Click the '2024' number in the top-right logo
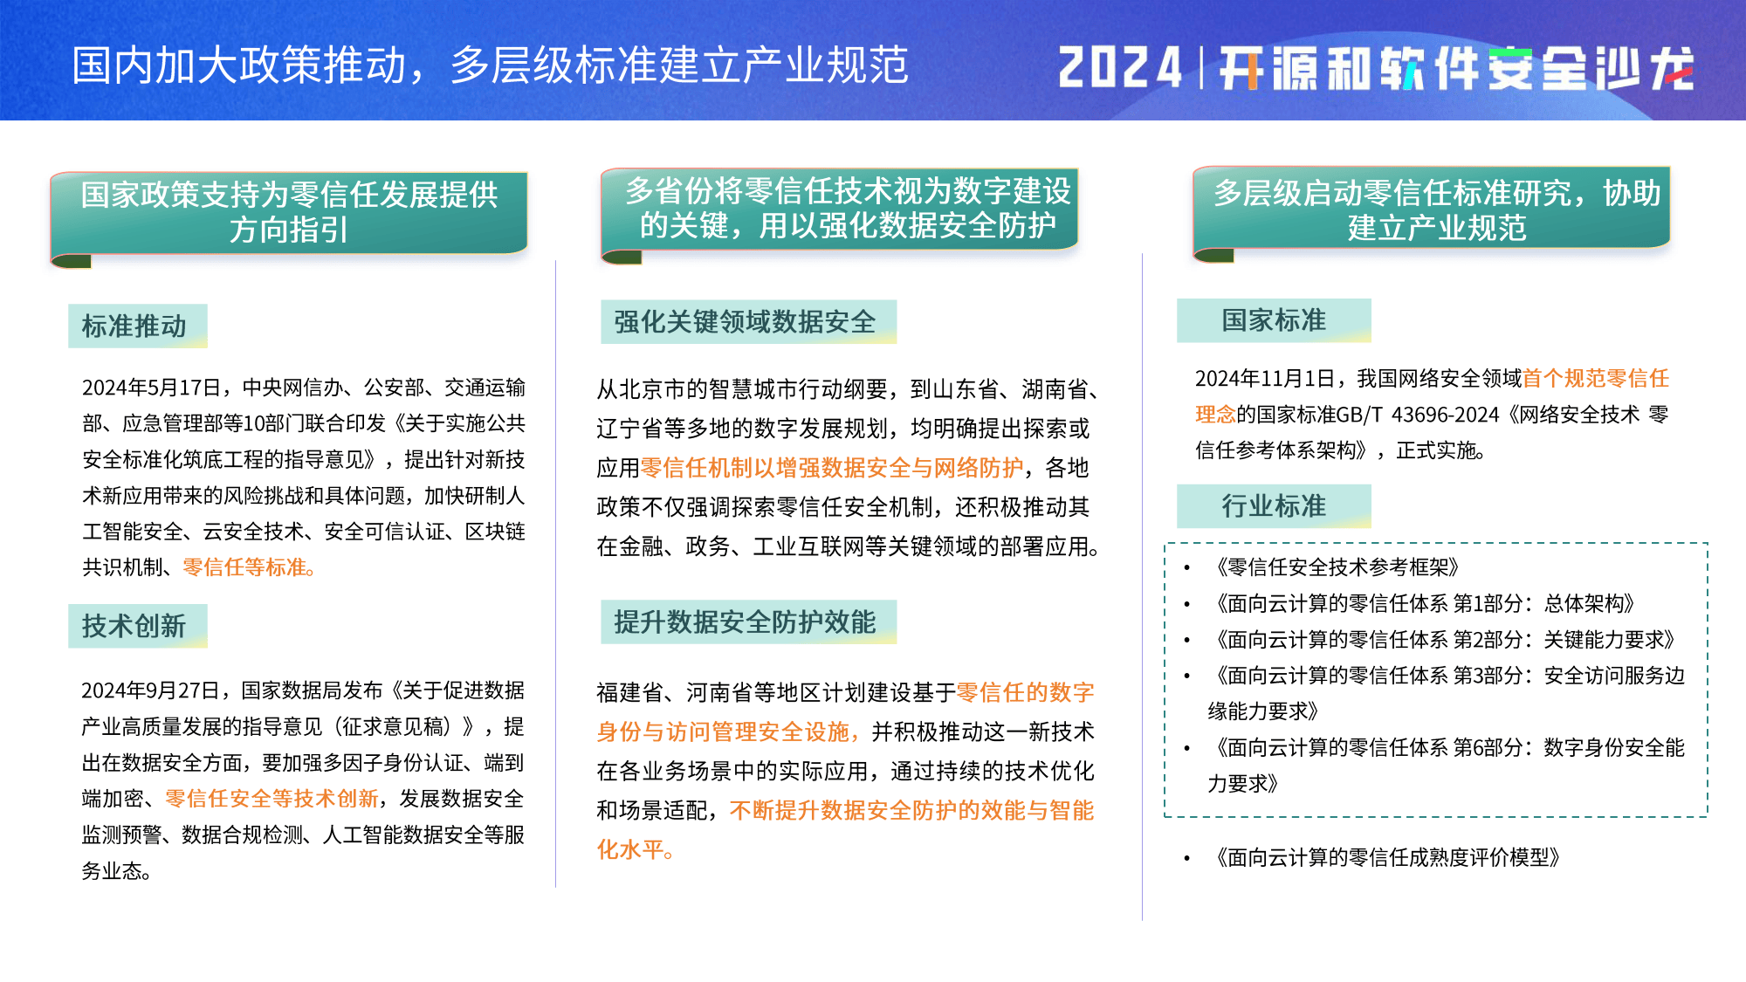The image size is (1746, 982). tap(1120, 67)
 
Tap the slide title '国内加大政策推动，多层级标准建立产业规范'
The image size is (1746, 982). tap(490, 65)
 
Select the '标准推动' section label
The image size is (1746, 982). tap(134, 326)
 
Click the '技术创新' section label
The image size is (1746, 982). tap(134, 625)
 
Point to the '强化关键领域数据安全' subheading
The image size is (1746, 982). tap(745, 321)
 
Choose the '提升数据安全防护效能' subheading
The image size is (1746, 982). tap(745, 621)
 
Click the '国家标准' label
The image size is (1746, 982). tap(1274, 319)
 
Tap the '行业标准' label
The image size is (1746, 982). tap(1274, 505)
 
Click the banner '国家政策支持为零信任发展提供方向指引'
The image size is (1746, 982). tap(289, 212)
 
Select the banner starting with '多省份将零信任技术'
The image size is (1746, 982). tap(840, 209)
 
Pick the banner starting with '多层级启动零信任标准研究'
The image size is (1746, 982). tap(1432, 210)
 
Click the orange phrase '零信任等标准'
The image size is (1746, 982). tap(245, 567)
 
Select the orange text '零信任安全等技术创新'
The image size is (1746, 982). tap(272, 799)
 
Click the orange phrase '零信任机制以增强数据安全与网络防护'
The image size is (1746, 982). tap(832, 468)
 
